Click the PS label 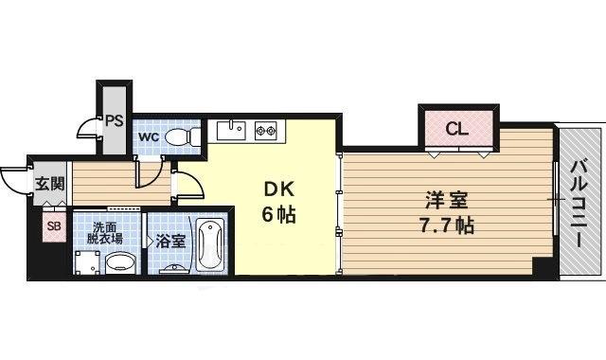[115, 120]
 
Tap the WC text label [149, 136]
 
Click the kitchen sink [231, 130]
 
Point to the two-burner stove [262, 130]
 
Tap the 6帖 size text [278, 215]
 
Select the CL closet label [456, 129]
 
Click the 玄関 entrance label [48, 183]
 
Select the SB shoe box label [53, 225]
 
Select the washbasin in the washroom [119, 263]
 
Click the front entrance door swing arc [15, 180]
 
